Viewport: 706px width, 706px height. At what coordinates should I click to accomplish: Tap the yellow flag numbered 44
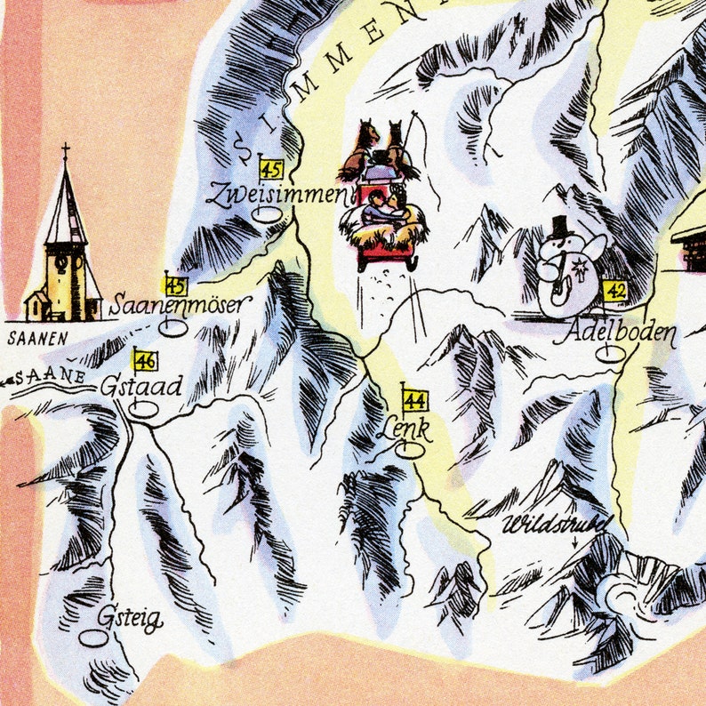coord(413,401)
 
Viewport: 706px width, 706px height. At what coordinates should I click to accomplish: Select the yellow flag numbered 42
coord(614,291)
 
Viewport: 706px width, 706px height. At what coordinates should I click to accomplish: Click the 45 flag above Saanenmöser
coord(176,285)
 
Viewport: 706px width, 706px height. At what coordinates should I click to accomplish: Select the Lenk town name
coord(404,430)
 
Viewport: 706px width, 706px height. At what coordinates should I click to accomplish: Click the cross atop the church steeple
coord(65,152)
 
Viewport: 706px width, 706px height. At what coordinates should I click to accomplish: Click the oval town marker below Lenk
coord(410,451)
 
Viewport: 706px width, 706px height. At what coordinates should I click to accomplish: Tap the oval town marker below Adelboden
coord(610,354)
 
